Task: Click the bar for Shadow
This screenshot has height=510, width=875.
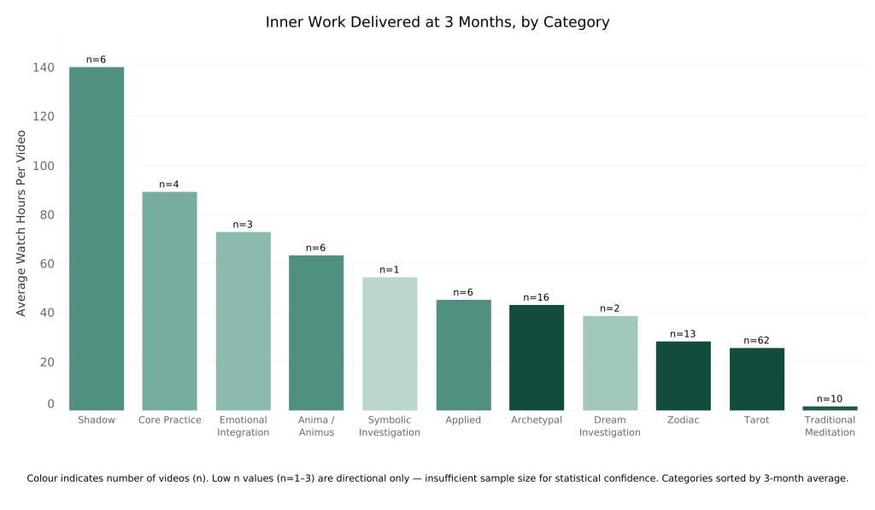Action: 97,238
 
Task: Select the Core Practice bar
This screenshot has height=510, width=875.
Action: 169,301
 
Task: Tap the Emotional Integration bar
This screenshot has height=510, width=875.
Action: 243,320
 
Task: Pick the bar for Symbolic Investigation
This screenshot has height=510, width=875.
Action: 390,343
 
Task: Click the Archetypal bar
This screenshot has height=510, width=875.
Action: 537,357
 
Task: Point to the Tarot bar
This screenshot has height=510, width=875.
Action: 756,378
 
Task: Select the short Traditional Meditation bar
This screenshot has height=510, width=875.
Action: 830,407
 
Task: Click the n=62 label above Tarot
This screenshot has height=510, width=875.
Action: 756,341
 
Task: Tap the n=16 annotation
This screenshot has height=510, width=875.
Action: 537,297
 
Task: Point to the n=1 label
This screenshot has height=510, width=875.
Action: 390,270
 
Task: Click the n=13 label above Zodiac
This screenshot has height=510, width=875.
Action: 684,334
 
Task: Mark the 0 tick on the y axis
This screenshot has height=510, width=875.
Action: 50,405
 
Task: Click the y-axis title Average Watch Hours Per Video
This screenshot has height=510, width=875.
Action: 21,223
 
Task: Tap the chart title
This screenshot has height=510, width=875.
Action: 437,22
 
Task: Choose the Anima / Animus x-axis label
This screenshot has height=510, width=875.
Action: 316,426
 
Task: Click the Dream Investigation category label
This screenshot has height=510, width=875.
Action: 610,426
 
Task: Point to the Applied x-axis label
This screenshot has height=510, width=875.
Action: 463,420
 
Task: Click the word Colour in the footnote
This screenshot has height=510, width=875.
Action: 44,478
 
